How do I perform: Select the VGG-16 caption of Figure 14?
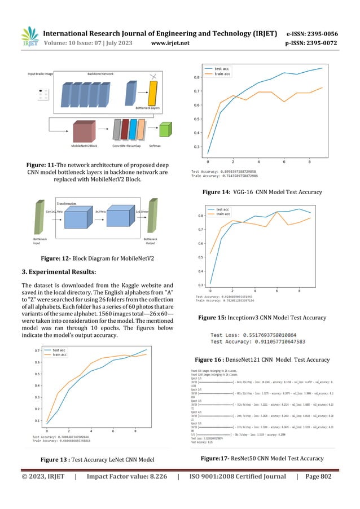[257, 192]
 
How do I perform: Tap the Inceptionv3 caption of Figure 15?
[262, 318]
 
